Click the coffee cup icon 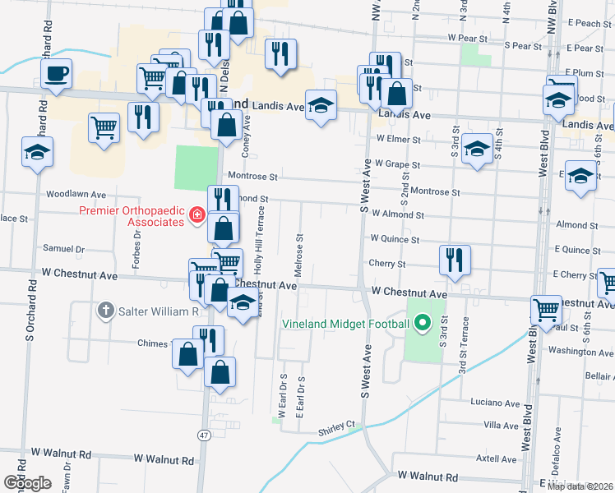coord(56,74)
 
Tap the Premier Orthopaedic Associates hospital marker coord(197,216)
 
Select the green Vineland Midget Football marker coord(423,323)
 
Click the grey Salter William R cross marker coord(105,311)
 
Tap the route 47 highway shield coord(203,433)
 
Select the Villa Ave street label coord(502,425)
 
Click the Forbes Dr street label coord(137,244)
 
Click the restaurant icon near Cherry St coord(455,260)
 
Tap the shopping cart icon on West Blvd coord(546,311)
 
